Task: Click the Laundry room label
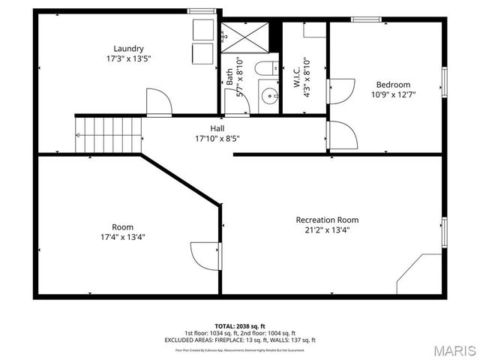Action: tap(128, 48)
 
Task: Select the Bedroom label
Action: tap(393, 84)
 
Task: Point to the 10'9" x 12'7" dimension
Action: tap(393, 94)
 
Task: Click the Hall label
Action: tap(217, 128)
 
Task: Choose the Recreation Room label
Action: tap(327, 220)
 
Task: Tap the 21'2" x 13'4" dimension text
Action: tap(327, 230)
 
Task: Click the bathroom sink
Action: tap(267, 96)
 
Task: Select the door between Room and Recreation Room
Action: tap(205, 255)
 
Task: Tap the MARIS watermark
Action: tap(449, 350)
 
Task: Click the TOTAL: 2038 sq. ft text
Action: tap(239, 326)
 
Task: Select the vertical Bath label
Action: tap(229, 76)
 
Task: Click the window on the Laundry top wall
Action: tap(200, 10)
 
